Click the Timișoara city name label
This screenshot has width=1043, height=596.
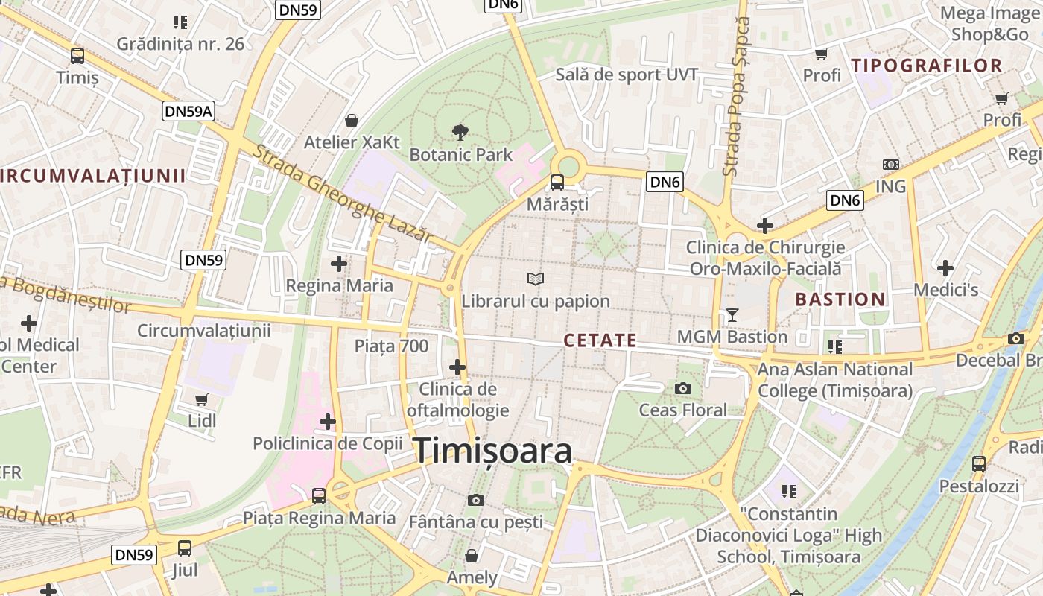492,451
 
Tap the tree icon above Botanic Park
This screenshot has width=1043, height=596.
460,133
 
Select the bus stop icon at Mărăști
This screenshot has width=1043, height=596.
557,183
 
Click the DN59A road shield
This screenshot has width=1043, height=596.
188,112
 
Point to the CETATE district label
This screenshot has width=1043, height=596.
600,340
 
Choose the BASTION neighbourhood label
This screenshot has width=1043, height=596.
840,299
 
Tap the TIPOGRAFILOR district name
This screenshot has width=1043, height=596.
927,66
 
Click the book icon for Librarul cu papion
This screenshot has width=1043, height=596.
535,279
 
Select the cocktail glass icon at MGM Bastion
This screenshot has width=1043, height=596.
732,315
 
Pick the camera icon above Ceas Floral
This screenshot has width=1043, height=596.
682,388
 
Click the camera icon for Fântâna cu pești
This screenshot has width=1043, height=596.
475,500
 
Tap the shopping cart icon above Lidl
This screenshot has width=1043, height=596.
201,399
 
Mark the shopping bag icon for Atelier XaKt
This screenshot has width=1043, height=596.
351,121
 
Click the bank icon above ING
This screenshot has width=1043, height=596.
890,165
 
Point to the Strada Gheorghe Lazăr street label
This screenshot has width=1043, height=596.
342,194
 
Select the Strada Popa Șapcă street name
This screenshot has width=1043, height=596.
739,97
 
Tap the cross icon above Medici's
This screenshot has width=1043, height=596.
945,267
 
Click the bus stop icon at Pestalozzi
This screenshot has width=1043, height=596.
978,464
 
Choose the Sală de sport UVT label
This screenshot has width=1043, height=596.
627,74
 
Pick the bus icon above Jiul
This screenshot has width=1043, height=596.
184,548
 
